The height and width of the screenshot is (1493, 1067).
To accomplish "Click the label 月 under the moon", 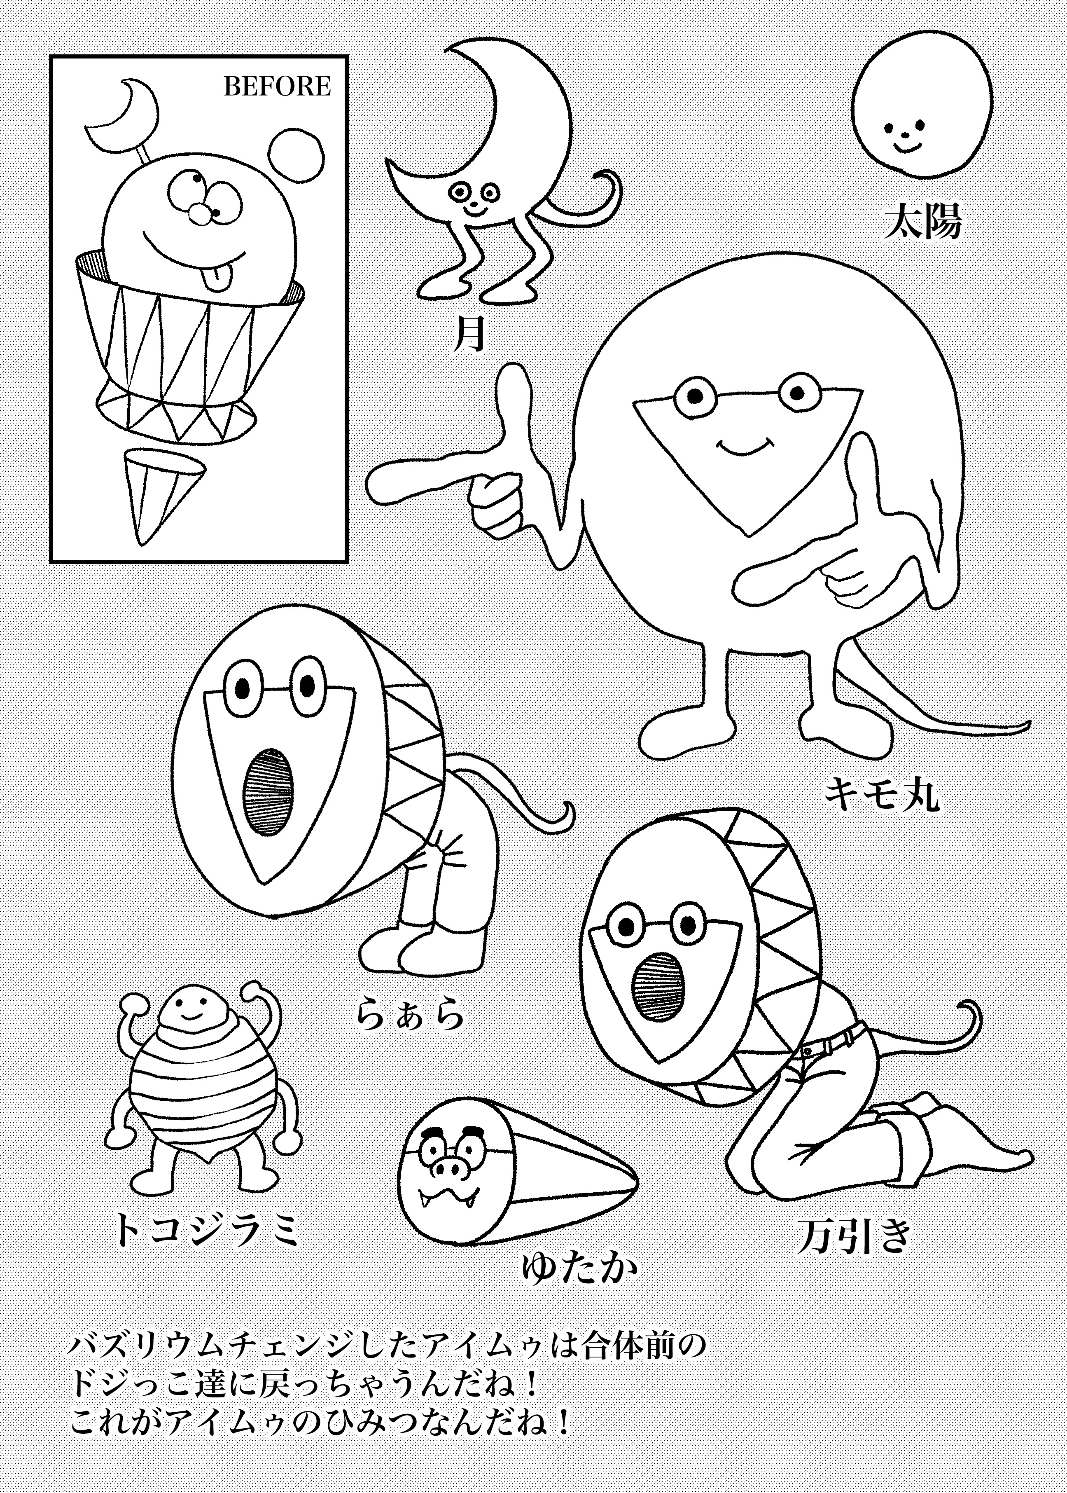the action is [470, 333].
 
